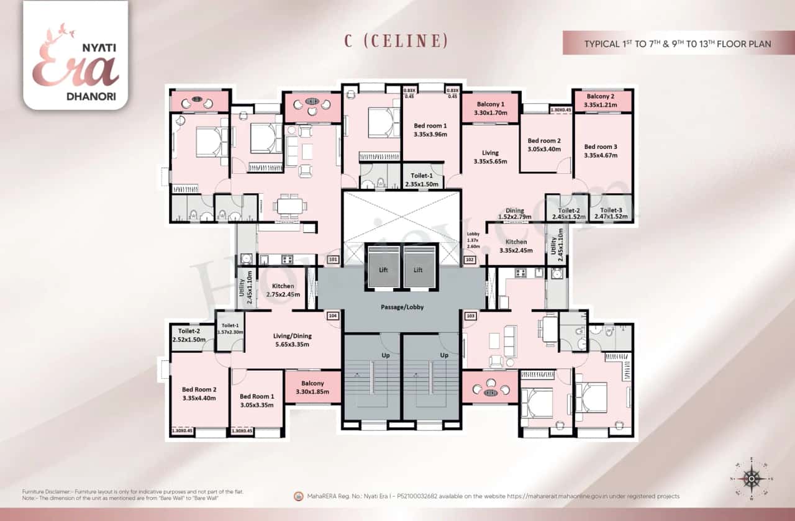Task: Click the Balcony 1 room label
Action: tap(491, 104)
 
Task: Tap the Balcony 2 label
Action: tap(600, 96)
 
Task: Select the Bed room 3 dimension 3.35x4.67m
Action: tap(601, 155)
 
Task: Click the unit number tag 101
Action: tap(333, 260)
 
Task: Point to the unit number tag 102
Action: tap(469, 260)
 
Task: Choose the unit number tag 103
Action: tap(470, 316)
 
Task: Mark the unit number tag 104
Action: tap(333, 316)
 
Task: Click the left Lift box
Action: tap(385, 270)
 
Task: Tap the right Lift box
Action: tap(418, 270)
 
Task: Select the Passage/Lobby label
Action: tap(402, 307)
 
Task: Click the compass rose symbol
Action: tap(752, 479)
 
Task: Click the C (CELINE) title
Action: tap(396, 41)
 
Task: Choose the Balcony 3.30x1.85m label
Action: tap(312, 387)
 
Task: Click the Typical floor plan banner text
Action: tap(677, 44)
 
